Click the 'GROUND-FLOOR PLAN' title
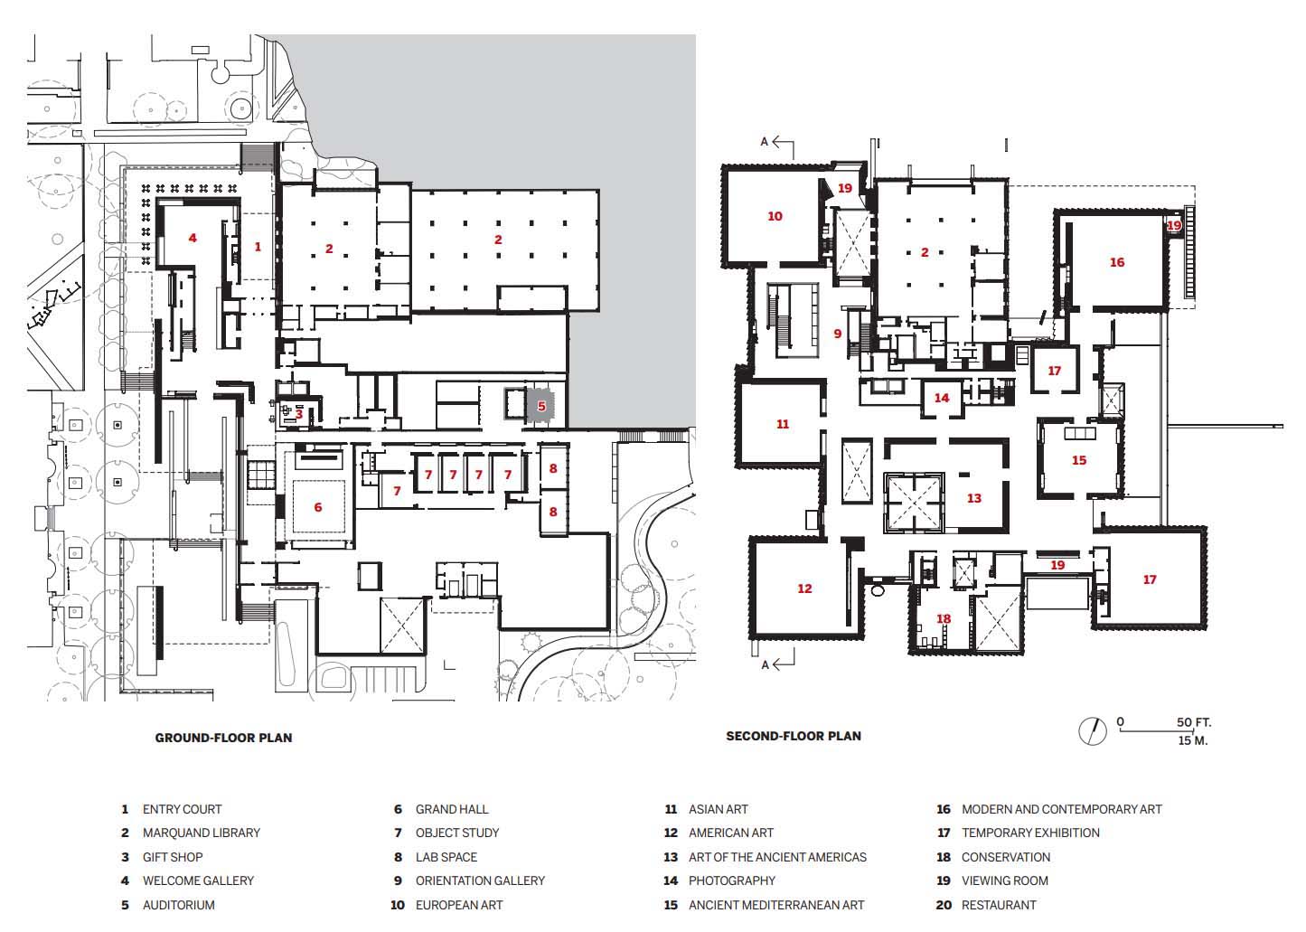coord(223,738)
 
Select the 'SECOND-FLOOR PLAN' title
coord(793,736)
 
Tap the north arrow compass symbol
coord(1093,730)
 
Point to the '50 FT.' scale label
coord(1193,722)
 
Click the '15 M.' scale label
coord(1192,740)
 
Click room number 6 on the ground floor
coord(318,507)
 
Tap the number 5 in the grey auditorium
coord(541,407)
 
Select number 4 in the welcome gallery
coord(193,238)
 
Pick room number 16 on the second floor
coord(1117,262)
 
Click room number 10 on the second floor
coord(775,216)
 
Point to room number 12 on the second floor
coord(804,588)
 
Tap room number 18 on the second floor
coord(944,619)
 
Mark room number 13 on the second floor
coord(973,498)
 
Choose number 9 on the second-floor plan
coord(838,334)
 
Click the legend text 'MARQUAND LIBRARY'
coord(201,833)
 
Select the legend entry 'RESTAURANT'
coord(998,905)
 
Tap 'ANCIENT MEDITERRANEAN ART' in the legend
coord(775,905)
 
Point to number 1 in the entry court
coord(258,246)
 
